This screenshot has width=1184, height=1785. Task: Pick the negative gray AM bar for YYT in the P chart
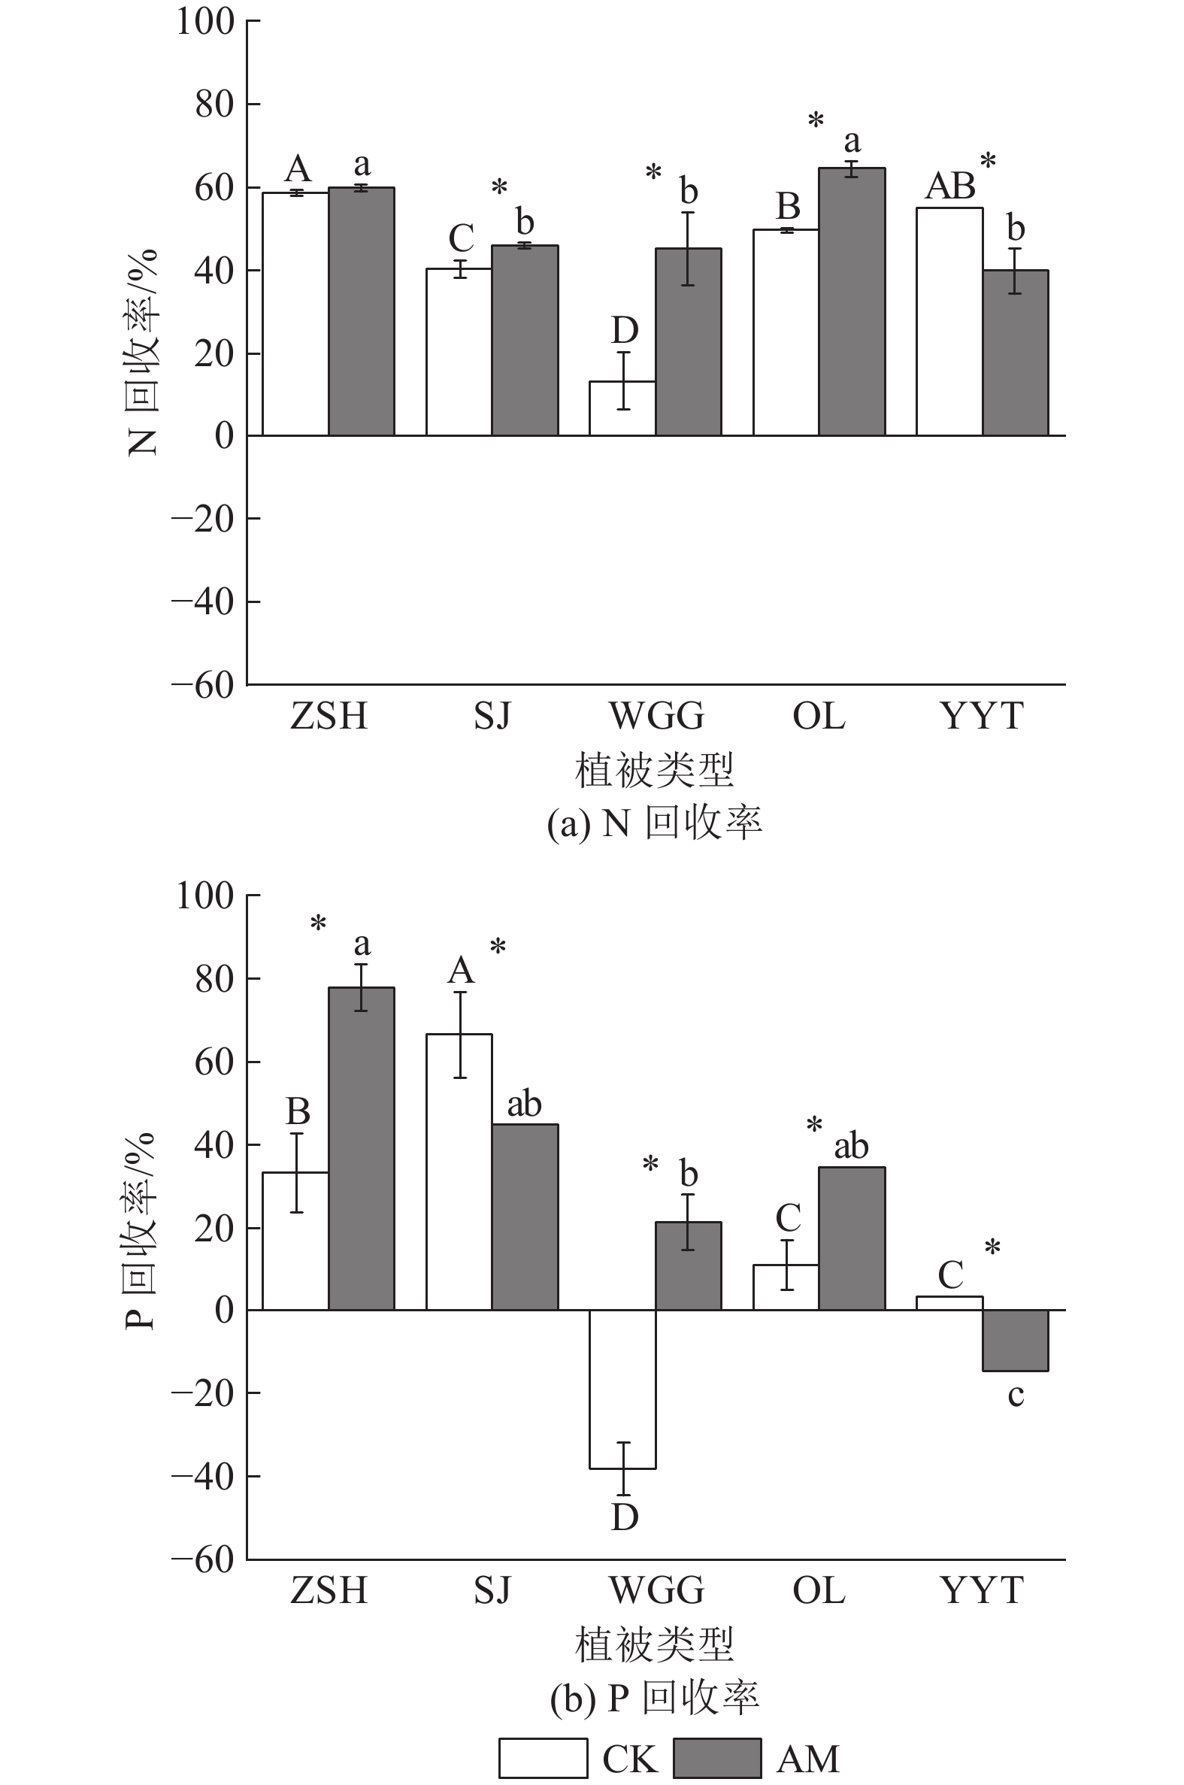pyautogui.click(x=1015, y=1341)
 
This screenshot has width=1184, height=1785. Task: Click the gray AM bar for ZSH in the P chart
pyautogui.click(x=362, y=1148)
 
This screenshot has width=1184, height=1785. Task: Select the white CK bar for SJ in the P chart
pyautogui.click(x=459, y=1172)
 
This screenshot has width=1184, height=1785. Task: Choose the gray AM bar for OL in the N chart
pyautogui.click(x=852, y=302)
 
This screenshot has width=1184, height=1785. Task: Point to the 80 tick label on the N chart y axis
pyautogui.click(x=214, y=105)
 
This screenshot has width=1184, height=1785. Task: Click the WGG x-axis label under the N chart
pyautogui.click(x=656, y=716)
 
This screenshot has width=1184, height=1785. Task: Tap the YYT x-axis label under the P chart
pyautogui.click(x=982, y=1590)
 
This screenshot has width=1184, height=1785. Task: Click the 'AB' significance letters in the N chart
pyautogui.click(x=951, y=186)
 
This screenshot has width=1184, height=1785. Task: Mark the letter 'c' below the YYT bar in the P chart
pyautogui.click(x=1016, y=1396)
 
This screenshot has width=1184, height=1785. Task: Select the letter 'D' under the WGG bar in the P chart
pyautogui.click(x=625, y=1518)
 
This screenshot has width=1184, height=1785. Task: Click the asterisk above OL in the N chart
pyautogui.click(x=816, y=120)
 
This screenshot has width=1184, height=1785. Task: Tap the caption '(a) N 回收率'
pyautogui.click(x=655, y=823)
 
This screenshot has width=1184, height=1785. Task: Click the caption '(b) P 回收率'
pyautogui.click(x=655, y=1698)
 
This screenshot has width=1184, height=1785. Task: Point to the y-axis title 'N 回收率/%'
pyautogui.click(x=142, y=352)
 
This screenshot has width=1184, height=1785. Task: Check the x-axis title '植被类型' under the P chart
pyautogui.click(x=655, y=1644)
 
